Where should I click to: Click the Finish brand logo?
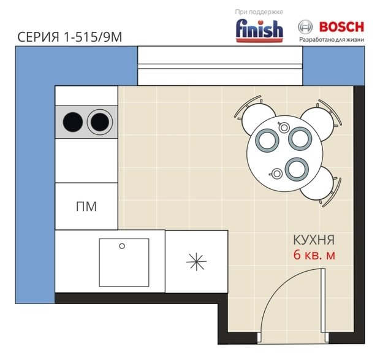click(x=259, y=31)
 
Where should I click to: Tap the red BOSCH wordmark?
click(x=342, y=27)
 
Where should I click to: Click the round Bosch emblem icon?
click(x=305, y=27)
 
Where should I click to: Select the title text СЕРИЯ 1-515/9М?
click(x=69, y=37)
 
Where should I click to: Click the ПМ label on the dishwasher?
click(x=86, y=207)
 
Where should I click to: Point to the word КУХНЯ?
click(x=314, y=240)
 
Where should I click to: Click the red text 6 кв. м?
click(x=314, y=255)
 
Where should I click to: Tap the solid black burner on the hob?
click(x=73, y=122)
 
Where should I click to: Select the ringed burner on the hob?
click(x=100, y=122)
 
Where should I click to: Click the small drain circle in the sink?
click(x=122, y=246)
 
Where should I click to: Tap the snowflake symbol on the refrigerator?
click(x=197, y=262)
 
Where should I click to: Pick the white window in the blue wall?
click(x=220, y=66)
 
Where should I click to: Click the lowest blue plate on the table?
click(x=297, y=169)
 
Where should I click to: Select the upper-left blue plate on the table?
click(x=267, y=140)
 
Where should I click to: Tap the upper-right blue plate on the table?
click(x=300, y=139)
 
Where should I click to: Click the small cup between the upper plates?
click(x=284, y=127)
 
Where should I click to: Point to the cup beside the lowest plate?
click(x=276, y=174)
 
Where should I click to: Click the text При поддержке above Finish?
click(x=259, y=12)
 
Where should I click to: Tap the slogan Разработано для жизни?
click(x=332, y=39)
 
